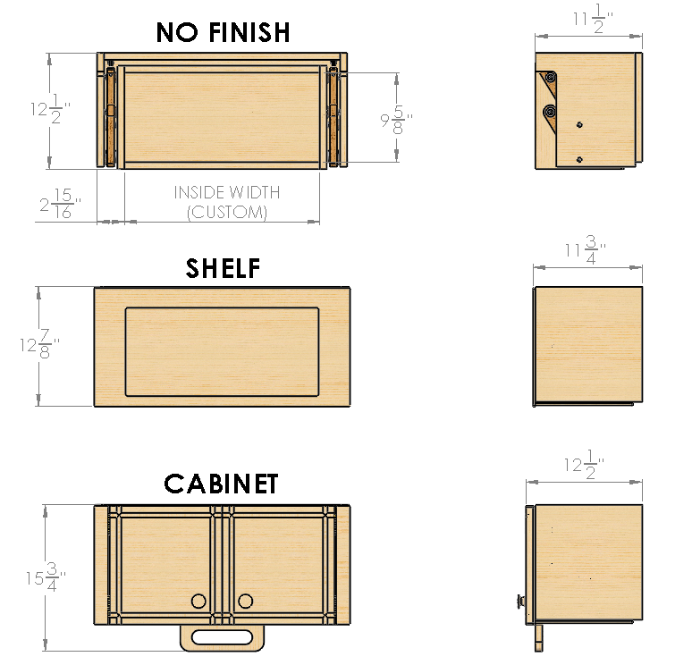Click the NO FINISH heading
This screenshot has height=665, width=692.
(x=223, y=32)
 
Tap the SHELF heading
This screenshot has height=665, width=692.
(x=223, y=268)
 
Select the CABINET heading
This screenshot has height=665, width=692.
(x=221, y=484)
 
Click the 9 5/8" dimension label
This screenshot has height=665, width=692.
(x=397, y=119)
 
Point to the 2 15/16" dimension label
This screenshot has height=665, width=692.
(x=61, y=204)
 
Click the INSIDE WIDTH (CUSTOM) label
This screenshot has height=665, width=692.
(x=227, y=202)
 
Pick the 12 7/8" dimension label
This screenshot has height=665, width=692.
(x=39, y=344)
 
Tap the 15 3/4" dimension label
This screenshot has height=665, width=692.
(x=46, y=577)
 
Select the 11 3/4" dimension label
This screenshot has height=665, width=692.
(x=586, y=249)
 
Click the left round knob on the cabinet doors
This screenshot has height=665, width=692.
(x=198, y=601)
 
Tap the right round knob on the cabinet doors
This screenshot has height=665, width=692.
(x=245, y=601)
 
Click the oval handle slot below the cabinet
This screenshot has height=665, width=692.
(x=222, y=637)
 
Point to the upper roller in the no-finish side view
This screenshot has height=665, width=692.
(x=551, y=78)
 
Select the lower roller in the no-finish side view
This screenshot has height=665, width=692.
(x=550, y=112)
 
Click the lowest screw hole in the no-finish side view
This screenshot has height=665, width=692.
(x=579, y=159)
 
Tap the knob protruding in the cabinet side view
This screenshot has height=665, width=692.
(x=520, y=602)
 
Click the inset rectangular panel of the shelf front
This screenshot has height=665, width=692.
(x=222, y=351)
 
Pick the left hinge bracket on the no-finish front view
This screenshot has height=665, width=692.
(x=109, y=116)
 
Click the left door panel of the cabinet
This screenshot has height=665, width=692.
(x=165, y=565)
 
